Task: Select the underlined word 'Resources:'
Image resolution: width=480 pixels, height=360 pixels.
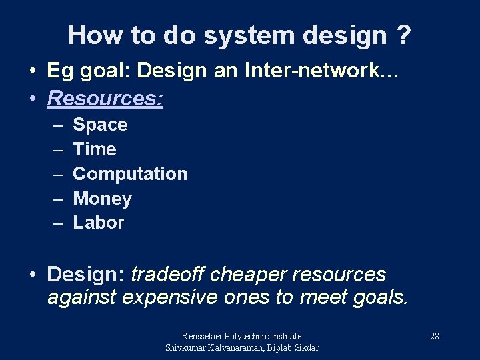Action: (x=105, y=99)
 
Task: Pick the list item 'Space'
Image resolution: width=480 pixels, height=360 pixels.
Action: (x=100, y=125)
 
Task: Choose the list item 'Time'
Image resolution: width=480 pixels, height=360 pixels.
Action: (x=94, y=149)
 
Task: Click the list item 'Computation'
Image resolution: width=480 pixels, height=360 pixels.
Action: (x=129, y=174)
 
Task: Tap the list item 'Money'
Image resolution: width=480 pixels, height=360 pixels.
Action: (x=102, y=199)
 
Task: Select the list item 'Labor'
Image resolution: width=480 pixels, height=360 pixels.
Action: (x=98, y=223)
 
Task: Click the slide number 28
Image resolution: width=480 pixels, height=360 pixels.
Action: (x=434, y=336)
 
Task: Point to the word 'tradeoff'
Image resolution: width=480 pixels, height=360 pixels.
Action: (x=169, y=275)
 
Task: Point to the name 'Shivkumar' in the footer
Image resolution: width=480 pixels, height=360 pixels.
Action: (x=187, y=347)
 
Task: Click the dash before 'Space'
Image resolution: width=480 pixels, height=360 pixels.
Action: (x=58, y=125)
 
